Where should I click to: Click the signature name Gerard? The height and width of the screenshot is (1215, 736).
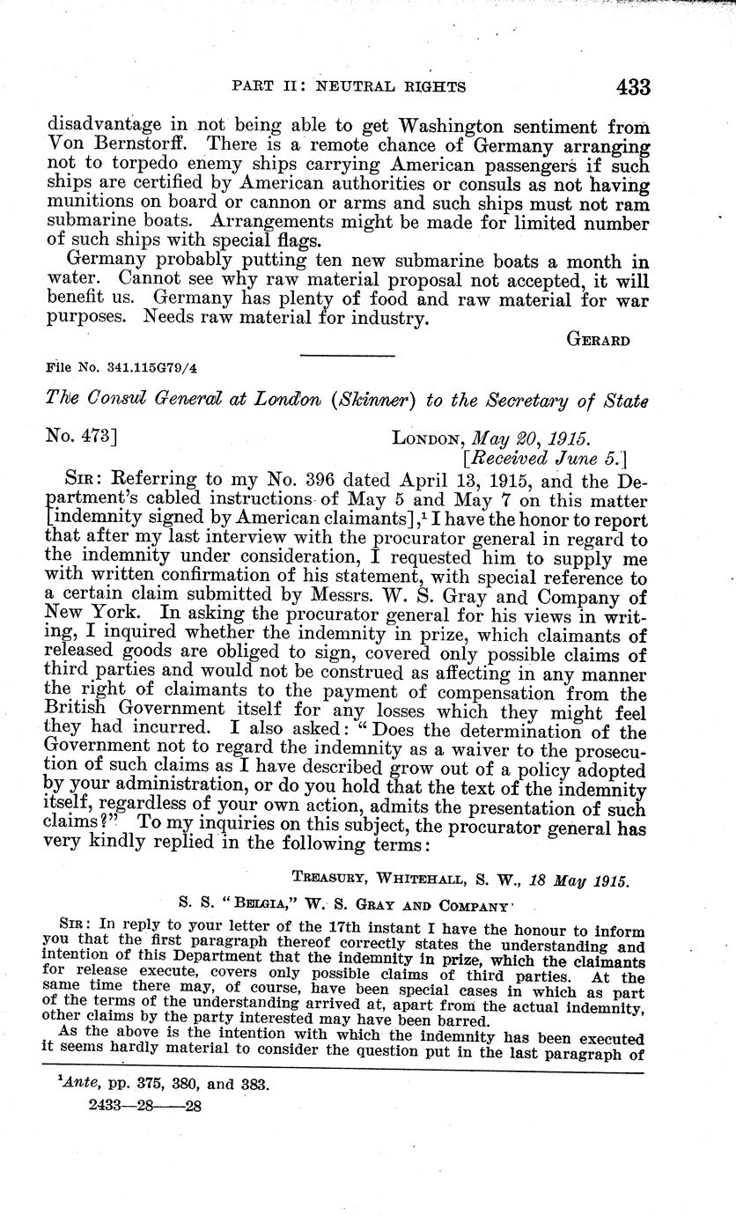point(597,342)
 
